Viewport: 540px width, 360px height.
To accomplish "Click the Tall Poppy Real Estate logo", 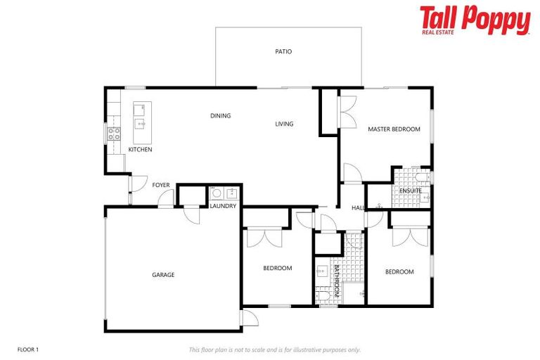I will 475,20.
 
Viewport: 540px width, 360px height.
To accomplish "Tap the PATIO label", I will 283,51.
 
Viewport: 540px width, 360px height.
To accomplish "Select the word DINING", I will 221,116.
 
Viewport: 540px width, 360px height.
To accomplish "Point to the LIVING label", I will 284,124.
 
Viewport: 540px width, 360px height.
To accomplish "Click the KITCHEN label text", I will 140,150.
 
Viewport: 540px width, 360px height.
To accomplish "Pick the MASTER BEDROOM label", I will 394,129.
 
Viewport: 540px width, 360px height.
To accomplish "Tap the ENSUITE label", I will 411,191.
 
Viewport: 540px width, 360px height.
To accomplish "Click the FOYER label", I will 161,185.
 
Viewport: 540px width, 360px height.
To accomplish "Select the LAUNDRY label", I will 223,206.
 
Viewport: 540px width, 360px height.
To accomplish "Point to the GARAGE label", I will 163,275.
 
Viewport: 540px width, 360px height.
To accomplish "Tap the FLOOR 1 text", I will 28,349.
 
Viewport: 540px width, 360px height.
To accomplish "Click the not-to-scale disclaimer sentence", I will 274,349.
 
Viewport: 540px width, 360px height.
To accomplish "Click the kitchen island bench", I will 142,117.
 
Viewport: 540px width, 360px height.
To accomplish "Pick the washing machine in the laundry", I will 217,193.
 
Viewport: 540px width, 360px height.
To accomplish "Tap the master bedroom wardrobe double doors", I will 346,112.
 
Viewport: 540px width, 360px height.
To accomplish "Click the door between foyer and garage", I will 166,200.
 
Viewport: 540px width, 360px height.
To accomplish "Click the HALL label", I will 358,208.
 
